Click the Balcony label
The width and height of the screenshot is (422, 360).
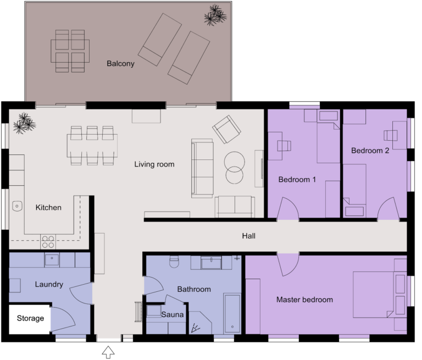point(120,64)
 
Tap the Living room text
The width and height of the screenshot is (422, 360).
point(154,164)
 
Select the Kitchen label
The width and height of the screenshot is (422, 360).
point(48,207)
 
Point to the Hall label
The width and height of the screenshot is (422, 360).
point(249,236)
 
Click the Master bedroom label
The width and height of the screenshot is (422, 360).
point(304,300)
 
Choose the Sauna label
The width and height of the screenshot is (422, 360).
point(172,315)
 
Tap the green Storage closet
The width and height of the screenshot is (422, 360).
point(30,319)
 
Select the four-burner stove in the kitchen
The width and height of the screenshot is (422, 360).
point(48,241)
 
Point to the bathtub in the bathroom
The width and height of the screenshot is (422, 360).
point(232,313)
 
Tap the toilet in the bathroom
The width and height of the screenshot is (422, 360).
point(174,262)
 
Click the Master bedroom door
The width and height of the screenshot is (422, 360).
point(288,264)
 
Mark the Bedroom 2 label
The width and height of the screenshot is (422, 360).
point(370,150)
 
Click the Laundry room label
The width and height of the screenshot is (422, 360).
point(49,285)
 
